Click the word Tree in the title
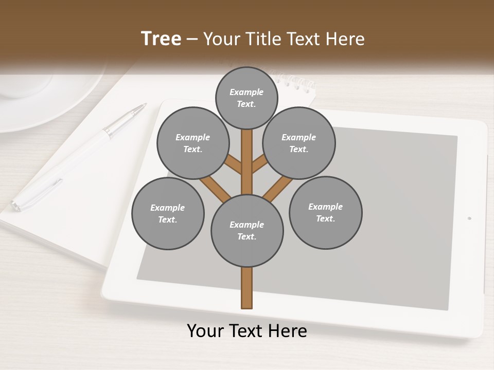click(161, 39)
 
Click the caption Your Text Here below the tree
click(247, 331)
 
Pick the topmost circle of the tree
click(246, 98)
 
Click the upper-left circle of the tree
click(193, 143)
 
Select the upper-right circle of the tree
click(299, 143)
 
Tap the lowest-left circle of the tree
click(168, 214)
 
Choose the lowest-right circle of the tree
click(326, 213)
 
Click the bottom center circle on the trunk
click(247, 231)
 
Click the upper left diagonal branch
click(234, 164)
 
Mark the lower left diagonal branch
click(215, 188)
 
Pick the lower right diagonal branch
click(278, 188)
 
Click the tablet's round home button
click(469, 218)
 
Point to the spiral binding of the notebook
click(296, 82)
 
